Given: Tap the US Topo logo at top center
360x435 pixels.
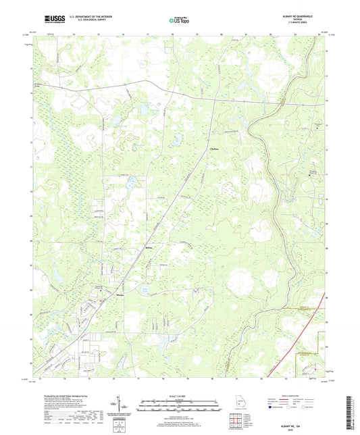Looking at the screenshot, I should tap(179, 21).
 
